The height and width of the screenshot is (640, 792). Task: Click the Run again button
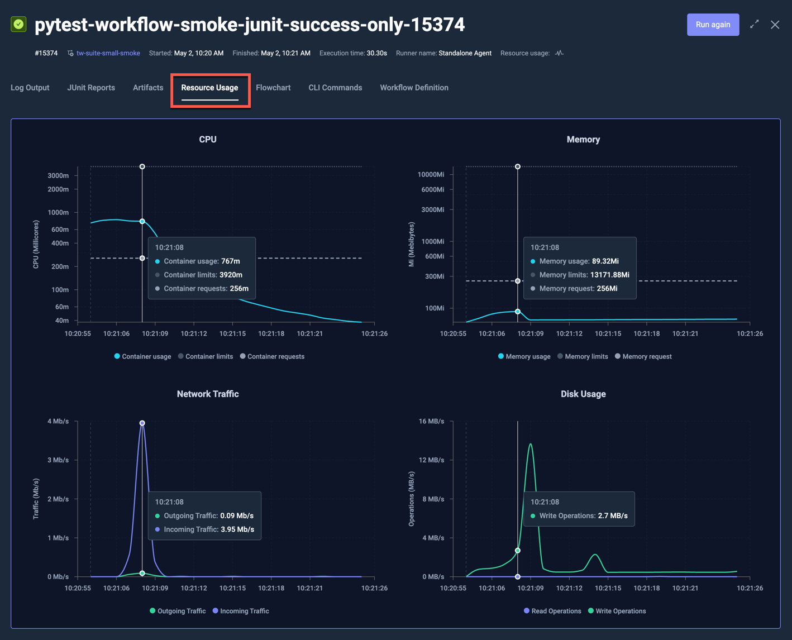(713, 25)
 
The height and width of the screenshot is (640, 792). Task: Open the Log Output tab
(30, 88)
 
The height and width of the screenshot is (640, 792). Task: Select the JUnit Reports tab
(91, 88)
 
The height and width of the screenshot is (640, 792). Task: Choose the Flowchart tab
(273, 88)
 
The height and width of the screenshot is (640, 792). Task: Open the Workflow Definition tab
(414, 88)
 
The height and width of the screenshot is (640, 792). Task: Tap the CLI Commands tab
(335, 88)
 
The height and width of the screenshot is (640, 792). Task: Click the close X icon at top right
(775, 25)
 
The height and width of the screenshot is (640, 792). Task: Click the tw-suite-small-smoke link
(108, 53)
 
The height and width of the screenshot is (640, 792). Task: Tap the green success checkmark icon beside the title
(18, 24)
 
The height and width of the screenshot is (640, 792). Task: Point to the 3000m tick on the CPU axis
(58, 175)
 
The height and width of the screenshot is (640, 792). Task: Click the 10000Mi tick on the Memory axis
(431, 174)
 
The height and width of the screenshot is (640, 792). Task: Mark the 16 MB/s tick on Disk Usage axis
(431, 421)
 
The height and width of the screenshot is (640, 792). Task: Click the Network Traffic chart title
(208, 394)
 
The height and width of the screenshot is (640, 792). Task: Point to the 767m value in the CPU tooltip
(230, 261)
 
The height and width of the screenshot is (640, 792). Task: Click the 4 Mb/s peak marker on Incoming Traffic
(142, 423)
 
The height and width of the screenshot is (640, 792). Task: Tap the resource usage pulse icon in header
(560, 53)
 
